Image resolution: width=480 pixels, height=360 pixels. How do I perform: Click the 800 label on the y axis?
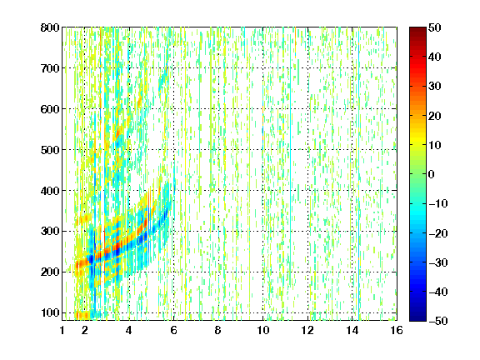click(50, 27)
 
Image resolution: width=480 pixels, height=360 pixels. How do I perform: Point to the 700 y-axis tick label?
click(50, 68)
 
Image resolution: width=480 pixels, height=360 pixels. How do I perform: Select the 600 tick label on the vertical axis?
click(50, 109)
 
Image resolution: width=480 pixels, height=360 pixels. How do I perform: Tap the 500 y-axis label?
click(50, 150)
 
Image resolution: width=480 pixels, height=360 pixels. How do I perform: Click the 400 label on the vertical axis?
click(50, 191)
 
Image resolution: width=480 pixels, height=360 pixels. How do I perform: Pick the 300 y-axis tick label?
click(50, 232)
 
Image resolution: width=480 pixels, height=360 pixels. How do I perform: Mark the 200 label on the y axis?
click(50, 272)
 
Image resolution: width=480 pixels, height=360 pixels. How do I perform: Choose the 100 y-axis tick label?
click(50, 312)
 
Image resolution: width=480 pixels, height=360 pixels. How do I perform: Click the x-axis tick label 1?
click(62, 330)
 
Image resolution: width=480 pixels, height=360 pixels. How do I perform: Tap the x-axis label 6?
click(173, 330)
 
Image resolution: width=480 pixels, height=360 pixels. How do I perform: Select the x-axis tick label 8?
click(218, 330)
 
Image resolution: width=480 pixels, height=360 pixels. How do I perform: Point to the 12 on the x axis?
click(307, 330)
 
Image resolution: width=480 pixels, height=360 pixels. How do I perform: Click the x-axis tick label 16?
click(397, 330)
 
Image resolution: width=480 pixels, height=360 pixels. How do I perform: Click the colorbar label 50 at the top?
click(434, 27)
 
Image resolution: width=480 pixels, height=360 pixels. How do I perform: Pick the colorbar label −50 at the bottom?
click(438, 321)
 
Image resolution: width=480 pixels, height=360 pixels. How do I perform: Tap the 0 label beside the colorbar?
click(432, 174)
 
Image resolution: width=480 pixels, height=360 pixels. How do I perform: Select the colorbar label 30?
click(434, 87)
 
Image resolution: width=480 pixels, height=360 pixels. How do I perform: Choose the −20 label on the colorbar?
click(438, 233)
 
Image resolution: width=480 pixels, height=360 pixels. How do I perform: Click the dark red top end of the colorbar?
click(417, 29)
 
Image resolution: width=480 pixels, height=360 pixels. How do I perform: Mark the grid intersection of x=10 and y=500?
click(262, 150)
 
